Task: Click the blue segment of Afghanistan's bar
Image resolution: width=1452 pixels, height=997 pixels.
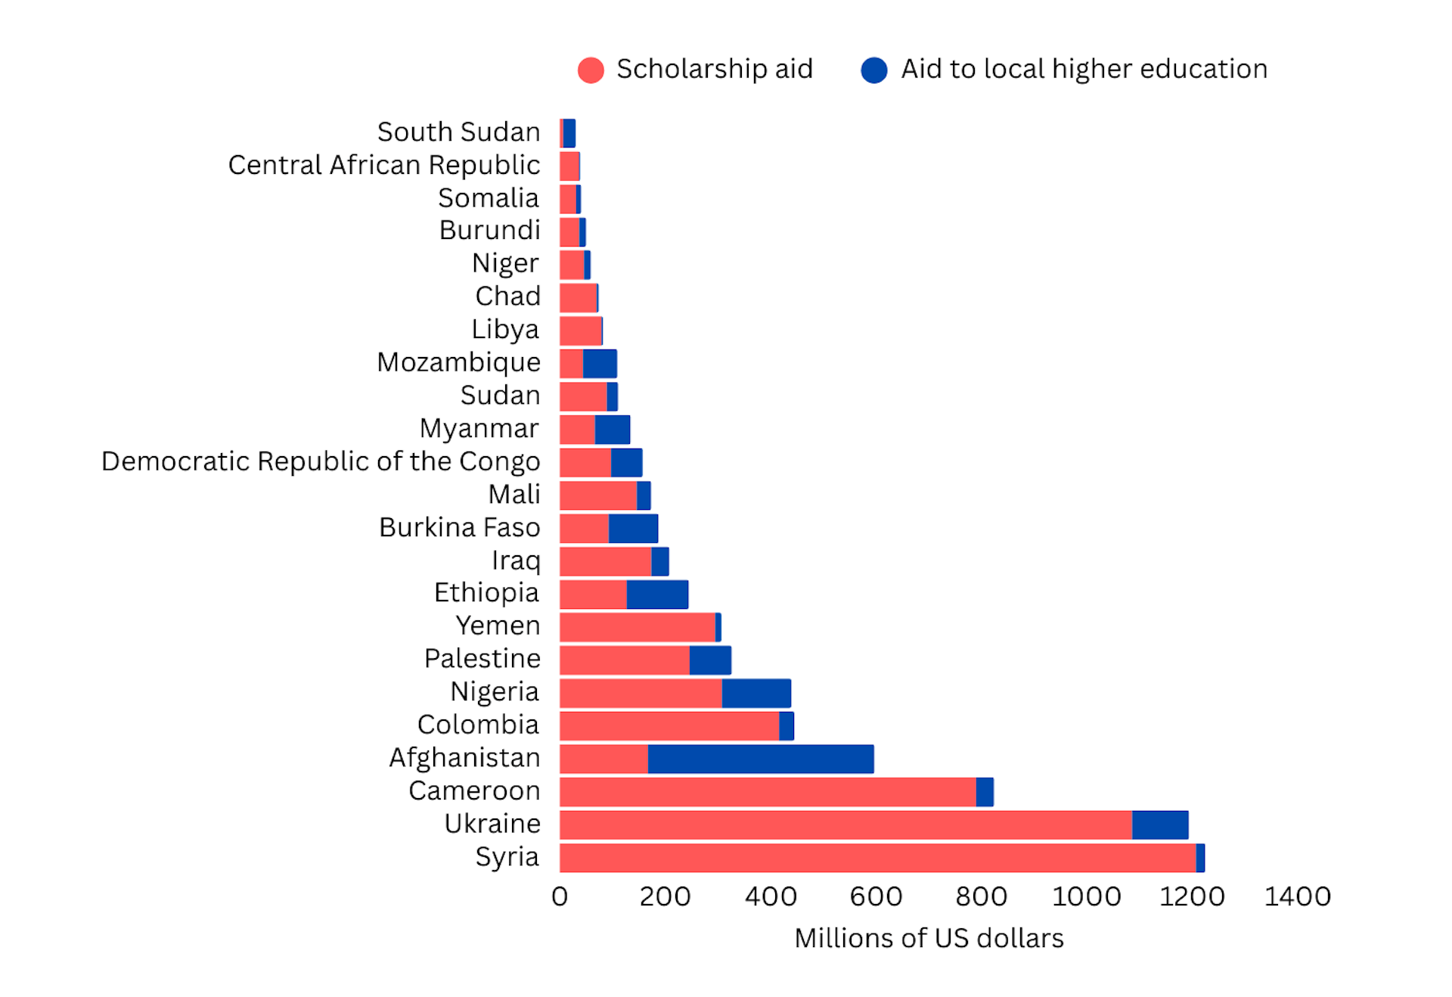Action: [x=760, y=759]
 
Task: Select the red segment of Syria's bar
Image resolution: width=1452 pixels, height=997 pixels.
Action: [x=877, y=858]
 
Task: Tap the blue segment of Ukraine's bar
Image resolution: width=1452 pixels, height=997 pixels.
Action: [x=1159, y=825]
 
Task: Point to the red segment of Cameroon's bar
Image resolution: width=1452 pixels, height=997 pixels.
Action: [x=768, y=792]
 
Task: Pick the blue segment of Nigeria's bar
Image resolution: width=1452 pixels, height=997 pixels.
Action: [x=756, y=693]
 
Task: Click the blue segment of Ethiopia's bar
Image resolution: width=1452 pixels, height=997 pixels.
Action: [x=657, y=595]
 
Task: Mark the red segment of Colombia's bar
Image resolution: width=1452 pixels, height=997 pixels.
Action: [x=669, y=726]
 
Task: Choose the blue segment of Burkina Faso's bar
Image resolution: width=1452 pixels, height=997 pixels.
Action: [x=633, y=528]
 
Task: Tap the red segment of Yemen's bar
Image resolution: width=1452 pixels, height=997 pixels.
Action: [x=638, y=627]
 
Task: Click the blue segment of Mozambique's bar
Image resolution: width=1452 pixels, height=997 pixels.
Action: [x=600, y=364]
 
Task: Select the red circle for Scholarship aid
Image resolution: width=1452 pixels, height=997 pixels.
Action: [x=591, y=70]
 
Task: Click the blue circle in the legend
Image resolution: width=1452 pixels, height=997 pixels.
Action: [x=874, y=70]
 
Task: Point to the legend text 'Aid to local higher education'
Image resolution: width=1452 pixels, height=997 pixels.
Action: [x=1084, y=69]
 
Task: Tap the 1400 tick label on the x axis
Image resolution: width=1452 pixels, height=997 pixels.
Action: [x=1297, y=896]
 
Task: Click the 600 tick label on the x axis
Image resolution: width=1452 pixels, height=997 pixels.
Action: [x=876, y=896]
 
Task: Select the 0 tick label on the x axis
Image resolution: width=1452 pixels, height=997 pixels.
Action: [x=560, y=896]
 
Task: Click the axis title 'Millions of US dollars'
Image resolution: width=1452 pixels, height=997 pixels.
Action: [x=929, y=938]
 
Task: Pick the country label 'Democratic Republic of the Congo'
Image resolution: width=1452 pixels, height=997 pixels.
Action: [x=321, y=461]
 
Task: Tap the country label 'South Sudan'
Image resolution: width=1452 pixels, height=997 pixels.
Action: [x=458, y=132]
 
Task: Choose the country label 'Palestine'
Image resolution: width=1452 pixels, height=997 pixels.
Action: [x=482, y=658]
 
